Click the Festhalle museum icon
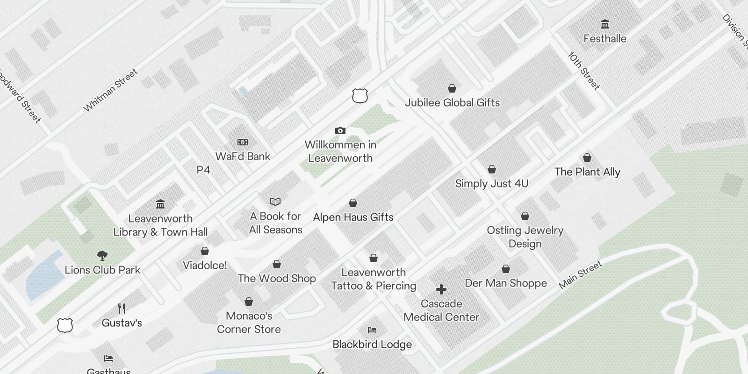[x=605, y=24]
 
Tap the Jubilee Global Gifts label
[x=452, y=103]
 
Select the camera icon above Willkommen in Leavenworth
[x=340, y=130]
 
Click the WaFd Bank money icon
[x=243, y=142]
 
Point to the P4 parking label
[x=203, y=170]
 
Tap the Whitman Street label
[x=111, y=90]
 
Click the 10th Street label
[x=584, y=71]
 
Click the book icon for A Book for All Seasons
[x=275, y=201]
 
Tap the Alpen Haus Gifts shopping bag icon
[x=353, y=203]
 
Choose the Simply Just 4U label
[x=492, y=184]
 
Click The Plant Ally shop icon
[x=587, y=158]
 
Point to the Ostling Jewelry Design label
[x=525, y=237]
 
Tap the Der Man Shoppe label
[x=506, y=283]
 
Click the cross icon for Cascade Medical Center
[x=441, y=289]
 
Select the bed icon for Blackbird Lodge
[x=372, y=330]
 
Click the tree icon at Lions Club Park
[x=102, y=256]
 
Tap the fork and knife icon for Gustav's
[x=122, y=308]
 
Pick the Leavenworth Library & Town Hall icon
[x=160, y=204]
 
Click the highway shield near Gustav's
[x=65, y=325]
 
